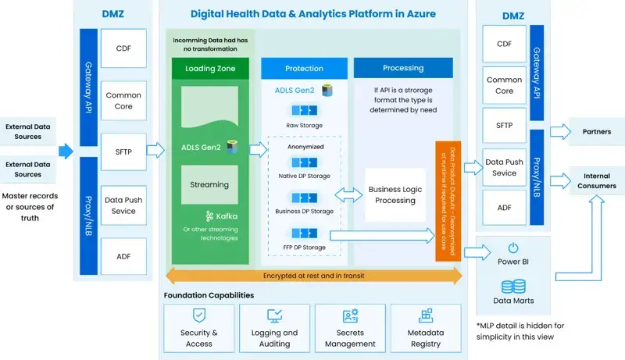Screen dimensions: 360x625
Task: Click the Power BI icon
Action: pos(512,248)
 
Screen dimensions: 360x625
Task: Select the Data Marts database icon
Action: pos(512,287)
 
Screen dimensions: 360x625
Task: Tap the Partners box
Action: pos(596,131)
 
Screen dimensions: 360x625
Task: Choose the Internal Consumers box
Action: pos(596,180)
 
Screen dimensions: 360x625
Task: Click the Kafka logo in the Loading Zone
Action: pos(189,216)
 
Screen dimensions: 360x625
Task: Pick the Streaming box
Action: pos(209,185)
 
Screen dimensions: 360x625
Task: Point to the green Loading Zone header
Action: pos(210,69)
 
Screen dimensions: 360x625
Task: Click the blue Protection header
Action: pos(304,69)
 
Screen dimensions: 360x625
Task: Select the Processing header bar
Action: pos(403,69)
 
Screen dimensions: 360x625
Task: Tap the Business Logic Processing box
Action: pos(395,195)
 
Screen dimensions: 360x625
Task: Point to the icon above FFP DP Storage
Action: pos(304,233)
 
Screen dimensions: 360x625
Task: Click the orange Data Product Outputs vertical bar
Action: pos(445,201)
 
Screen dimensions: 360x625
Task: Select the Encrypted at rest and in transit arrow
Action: pos(312,275)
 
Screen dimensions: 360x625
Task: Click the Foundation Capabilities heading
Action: pos(209,295)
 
